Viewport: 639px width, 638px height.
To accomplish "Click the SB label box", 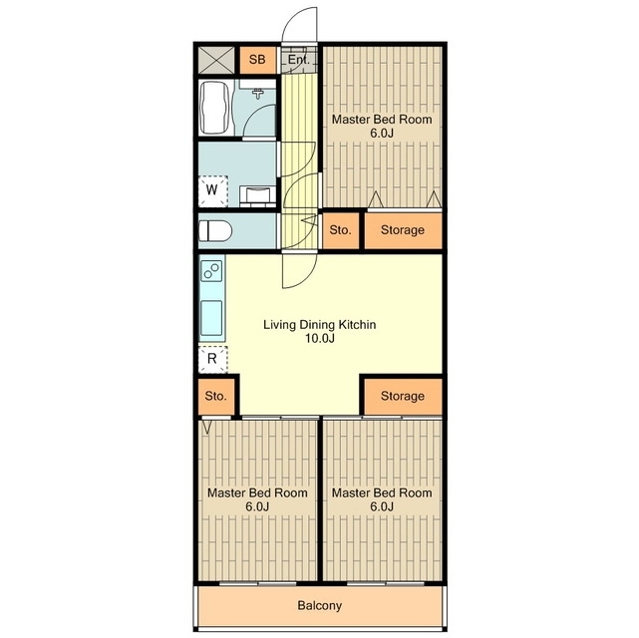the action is (257, 60).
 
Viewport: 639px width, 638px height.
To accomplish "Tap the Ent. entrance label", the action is (298, 60).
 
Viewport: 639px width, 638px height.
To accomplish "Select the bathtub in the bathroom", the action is (213, 108).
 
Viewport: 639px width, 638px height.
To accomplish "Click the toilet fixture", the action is (215, 231).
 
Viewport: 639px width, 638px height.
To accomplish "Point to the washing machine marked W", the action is (212, 190).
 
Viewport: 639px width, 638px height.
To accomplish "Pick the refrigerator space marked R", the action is (212, 359).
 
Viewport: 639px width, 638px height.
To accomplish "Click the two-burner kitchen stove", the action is (212, 270).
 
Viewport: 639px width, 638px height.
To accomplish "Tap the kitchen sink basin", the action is (211, 318).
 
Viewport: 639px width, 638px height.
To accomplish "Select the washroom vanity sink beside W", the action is (256, 195).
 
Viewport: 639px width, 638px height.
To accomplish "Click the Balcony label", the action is (319, 606).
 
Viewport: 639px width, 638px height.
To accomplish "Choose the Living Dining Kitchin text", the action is (319, 325).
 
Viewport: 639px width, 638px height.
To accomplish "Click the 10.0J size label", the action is (320, 338).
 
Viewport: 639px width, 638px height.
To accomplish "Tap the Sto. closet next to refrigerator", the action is (215, 396).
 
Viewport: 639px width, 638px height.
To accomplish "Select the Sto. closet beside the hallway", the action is (340, 230).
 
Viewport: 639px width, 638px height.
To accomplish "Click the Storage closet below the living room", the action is (403, 396).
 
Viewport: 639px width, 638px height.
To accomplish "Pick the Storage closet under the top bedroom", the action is (403, 230).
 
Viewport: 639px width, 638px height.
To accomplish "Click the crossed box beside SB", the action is (216, 60).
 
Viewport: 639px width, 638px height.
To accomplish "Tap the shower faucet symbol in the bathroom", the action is (257, 94).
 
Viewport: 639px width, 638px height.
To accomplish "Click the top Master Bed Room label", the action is (382, 120).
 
